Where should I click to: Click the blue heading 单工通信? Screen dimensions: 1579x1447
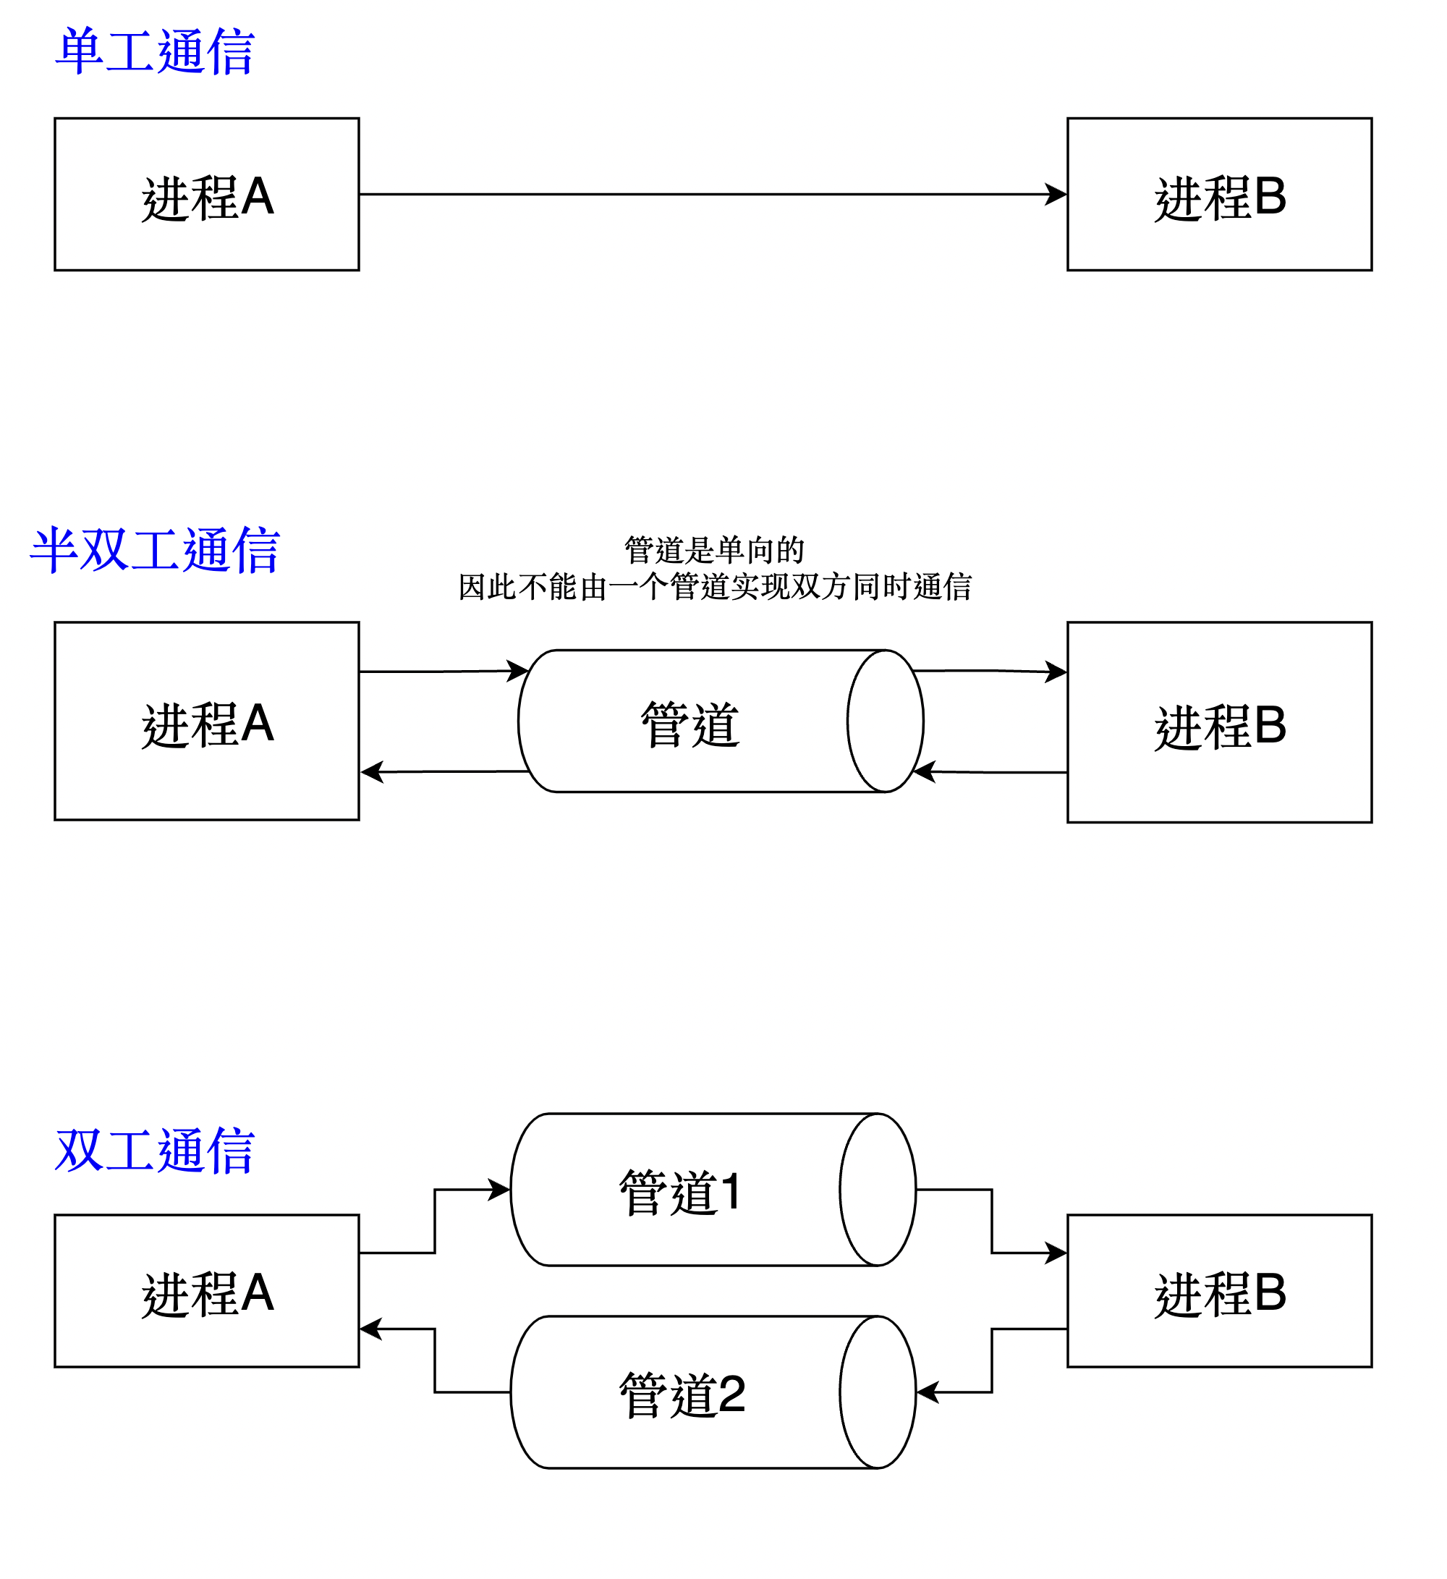(x=155, y=51)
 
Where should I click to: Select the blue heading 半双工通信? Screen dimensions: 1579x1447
(x=155, y=551)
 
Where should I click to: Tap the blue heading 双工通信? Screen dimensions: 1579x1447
(x=155, y=1151)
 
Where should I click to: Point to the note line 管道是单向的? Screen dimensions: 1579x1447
(x=714, y=550)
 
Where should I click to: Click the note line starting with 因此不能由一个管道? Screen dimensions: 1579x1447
(x=714, y=587)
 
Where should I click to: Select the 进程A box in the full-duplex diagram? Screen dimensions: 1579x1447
(x=207, y=1293)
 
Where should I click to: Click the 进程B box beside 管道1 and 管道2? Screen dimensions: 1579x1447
(x=1219, y=1293)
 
